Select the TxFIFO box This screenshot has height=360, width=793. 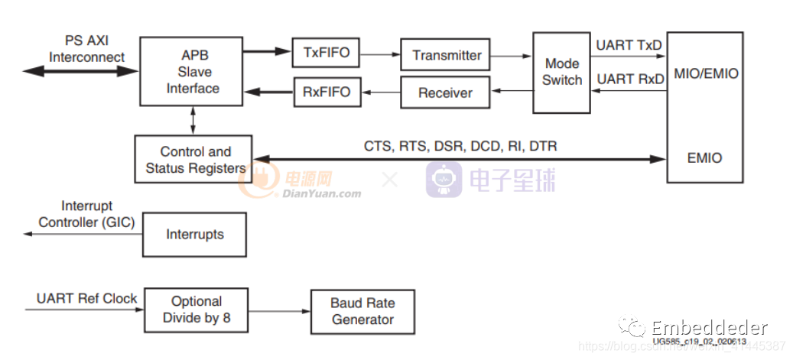(x=326, y=53)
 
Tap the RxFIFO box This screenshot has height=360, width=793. (x=326, y=92)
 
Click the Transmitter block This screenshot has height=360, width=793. (x=447, y=55)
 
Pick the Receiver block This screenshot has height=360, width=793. (x=445, y=93)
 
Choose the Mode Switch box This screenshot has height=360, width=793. (x=562, y=72)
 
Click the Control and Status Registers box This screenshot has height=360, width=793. (x=195, y=160)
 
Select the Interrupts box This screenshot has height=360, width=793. (x=195, y=234)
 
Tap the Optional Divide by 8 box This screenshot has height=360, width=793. (x=197, y=310)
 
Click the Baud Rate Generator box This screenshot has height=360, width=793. (x=362, y=311)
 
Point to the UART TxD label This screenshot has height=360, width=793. (x=629, y=45)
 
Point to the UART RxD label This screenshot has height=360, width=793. (x=629, y=79)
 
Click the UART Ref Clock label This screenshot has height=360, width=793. (x=86, y=298)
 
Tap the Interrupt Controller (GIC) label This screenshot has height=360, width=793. (x=86, y=215)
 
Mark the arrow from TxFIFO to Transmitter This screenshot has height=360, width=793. (x=380, y=54)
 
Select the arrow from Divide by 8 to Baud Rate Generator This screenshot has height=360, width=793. (x=279, y=310)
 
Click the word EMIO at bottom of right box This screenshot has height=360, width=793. (x=704, y=158)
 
